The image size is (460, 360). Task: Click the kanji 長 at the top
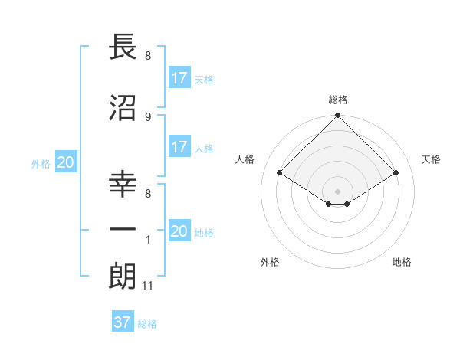(x=123, y=47)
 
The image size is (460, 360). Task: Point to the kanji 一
(x=123, y=229)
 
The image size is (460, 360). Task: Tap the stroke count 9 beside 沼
(x=147, y=116)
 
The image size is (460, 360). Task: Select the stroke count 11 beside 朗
(x=148, y=286)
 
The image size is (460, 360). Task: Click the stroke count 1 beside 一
(x=147, y=240)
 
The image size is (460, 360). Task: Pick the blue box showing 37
(x=123, y=322)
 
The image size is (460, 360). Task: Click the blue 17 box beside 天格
(x=179, y=78)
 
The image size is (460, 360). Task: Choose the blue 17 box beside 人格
(x=179, y=147)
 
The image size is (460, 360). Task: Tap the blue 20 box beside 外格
(x=65, y=162)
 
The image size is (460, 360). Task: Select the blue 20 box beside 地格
(x=179, y=231)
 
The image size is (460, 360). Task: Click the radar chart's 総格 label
(x=337, y=100)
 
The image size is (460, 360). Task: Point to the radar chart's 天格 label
(x=432, y=159)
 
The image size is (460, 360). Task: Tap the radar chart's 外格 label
(x=270, y=262)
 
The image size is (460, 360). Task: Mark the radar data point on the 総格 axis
(x=337, y=116)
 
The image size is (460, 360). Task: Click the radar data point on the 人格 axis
(x=280, y=173)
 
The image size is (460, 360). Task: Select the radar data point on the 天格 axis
(x=396, y=173)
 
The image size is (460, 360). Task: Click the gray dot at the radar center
(x=337, y=190)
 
